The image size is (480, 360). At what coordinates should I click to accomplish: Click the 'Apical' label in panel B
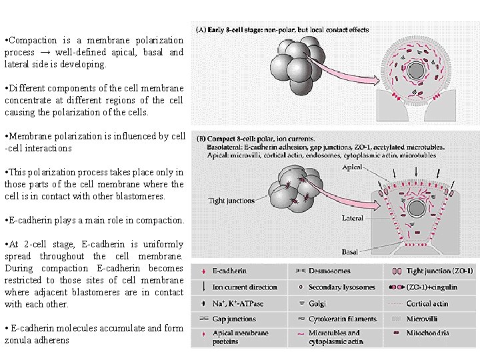352,167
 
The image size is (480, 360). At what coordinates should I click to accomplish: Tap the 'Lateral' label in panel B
352,218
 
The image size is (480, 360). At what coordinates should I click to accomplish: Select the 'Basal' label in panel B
350,252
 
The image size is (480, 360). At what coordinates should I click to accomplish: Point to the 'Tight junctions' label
231,201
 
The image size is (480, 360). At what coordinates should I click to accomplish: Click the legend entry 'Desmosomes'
329,271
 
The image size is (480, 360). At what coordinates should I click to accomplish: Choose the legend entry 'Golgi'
317,303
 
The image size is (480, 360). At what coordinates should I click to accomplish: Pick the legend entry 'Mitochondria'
428,333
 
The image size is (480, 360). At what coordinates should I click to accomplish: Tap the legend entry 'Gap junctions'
235,319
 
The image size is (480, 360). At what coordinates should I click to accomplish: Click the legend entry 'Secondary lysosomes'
342,287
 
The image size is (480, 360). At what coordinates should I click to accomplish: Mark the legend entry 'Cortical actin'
427,303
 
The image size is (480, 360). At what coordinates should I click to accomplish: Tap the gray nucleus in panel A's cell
419,70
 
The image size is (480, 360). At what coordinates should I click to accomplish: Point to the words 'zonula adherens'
37,340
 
